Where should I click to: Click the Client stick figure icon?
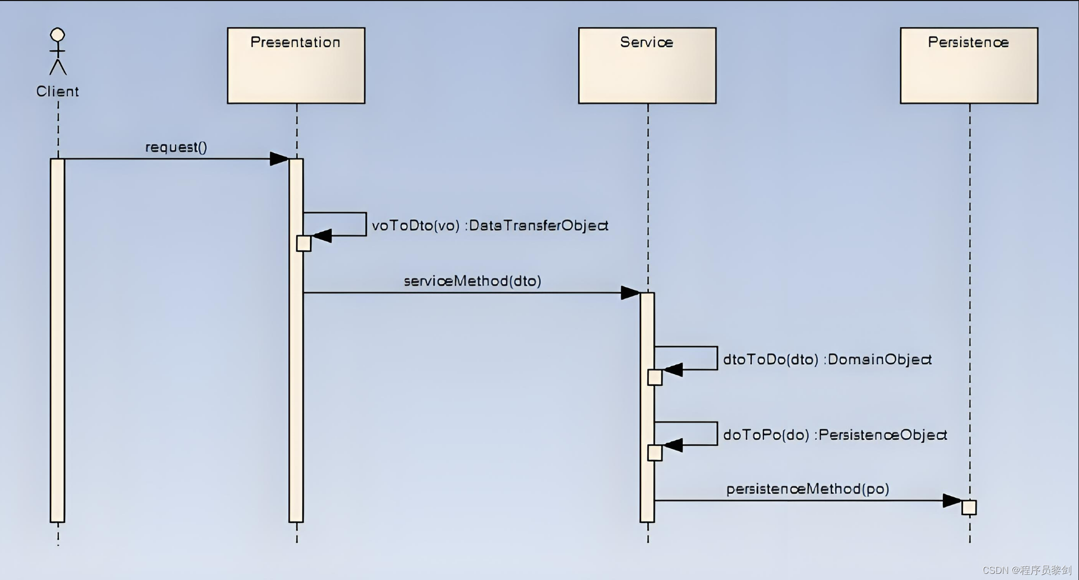(57, 51)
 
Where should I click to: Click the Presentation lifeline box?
(296, 66)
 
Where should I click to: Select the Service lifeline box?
(647, 66)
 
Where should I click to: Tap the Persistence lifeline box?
(969, 66)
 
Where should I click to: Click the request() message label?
(176, 147)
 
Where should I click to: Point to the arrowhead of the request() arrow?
(279, 159)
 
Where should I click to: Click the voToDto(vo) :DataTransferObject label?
(490, 226)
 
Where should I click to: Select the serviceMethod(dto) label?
(472, 281)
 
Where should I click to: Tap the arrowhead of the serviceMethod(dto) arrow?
(630, 293)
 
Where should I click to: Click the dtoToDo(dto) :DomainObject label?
(827, 360)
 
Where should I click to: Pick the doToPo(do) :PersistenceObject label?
(834, 435)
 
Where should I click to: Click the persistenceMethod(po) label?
(807, 489)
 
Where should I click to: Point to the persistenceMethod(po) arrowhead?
(952, 500)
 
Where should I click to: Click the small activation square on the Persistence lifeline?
(969, 508)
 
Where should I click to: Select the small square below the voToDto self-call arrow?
(304, 244)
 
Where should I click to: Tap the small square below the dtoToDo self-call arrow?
(655, 378)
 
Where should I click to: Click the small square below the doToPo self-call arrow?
(655, 453)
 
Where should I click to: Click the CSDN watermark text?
(1026, 570)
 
